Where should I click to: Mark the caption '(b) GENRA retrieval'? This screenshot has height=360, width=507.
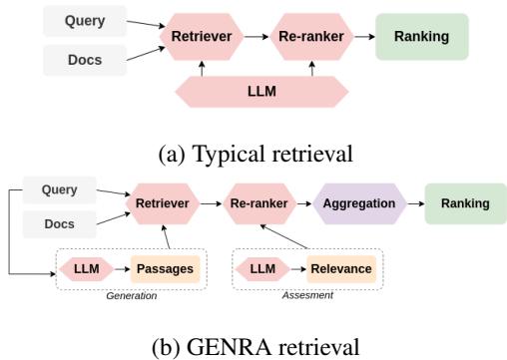pos(253,345)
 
